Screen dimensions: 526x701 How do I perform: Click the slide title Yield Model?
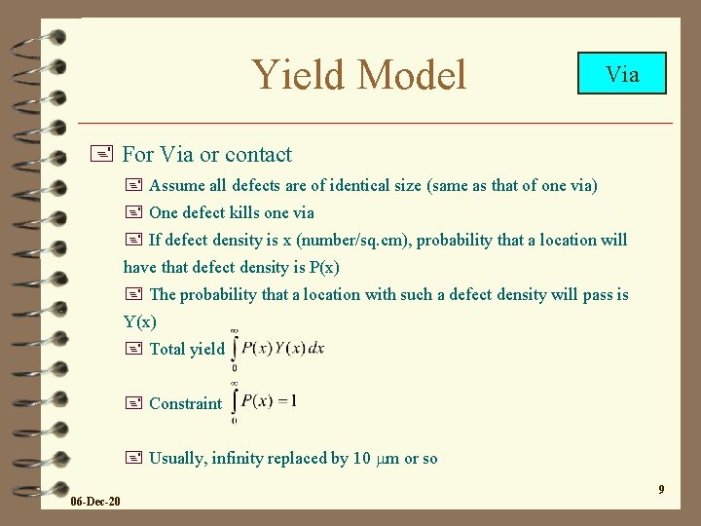[x=359, y=74]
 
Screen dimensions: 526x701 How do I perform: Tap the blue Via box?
[x=622, y=73]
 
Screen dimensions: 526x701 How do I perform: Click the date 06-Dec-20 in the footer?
[x=95, y=501]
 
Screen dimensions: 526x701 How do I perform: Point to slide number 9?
[x=661, y=489]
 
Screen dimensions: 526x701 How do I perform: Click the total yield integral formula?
[x=278, y=349]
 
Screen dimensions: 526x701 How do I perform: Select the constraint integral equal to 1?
[x=266, y=401]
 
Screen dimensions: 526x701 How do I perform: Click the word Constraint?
[x=186, y=403]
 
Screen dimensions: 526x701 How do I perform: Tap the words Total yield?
[x=186, y=349]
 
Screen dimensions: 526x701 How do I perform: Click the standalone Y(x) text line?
[x=140, y=321]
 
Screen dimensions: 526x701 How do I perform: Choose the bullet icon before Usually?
[x=133, y=458]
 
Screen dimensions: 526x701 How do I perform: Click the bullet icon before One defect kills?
[x=133, y=212]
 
